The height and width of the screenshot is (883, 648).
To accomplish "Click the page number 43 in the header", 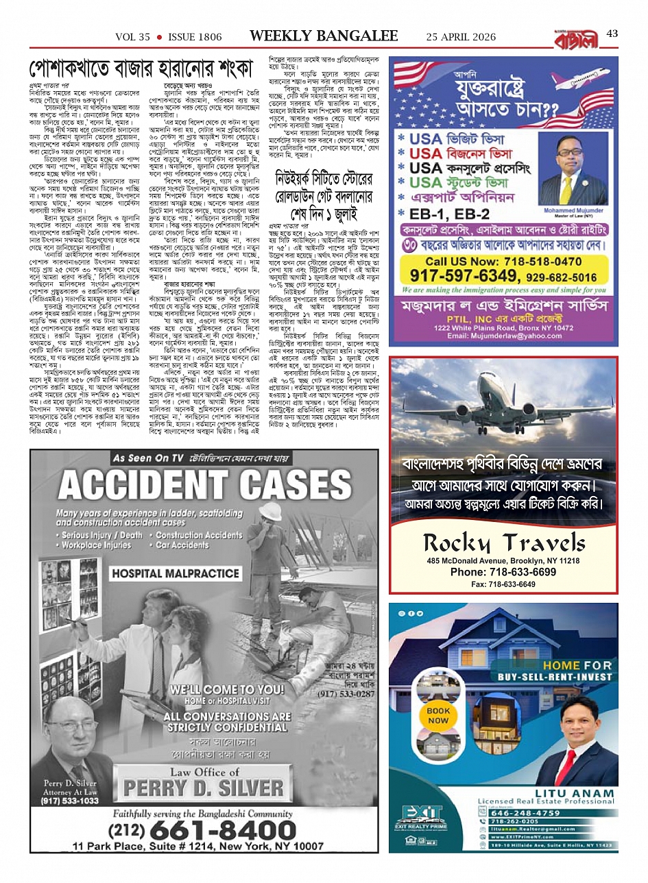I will [x=612, y=34].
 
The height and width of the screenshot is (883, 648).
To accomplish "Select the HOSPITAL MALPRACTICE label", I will [x=176, y=573].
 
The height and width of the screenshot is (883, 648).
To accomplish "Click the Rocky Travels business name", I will [x=504, y=543].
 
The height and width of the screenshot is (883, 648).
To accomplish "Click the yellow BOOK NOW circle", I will [x=438, y=716].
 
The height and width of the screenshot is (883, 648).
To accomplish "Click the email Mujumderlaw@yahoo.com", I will [x=503, y=336].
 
